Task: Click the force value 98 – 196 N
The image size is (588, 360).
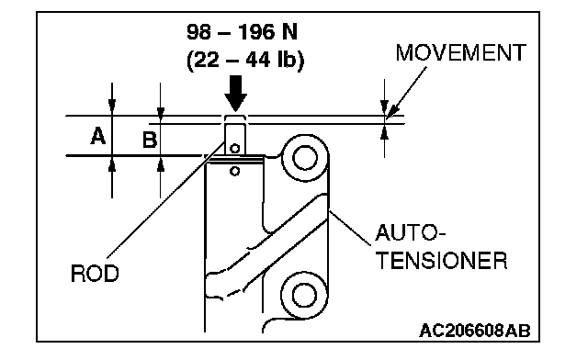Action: (x=243, y=32)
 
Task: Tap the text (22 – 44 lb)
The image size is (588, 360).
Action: (x=245, y=60)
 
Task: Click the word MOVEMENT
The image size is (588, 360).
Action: (x=461, y=52)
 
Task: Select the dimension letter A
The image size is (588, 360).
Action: (x=98, y=136)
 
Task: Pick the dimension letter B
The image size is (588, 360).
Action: (x=150, y=140)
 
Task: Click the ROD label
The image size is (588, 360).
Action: (x=95, y=273)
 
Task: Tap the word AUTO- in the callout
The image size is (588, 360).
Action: (x=411, y=232)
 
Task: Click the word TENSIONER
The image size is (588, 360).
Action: (x=441, y=260)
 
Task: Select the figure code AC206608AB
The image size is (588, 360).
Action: (x=475, y=331)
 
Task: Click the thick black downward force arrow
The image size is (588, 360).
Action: (x=235, y=94)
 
